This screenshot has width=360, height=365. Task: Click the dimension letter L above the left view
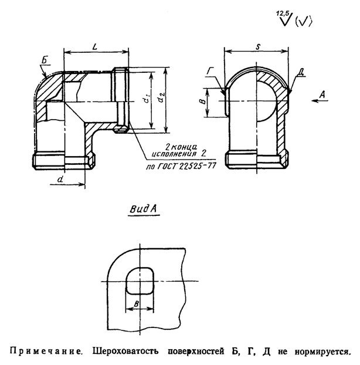pos(94,45)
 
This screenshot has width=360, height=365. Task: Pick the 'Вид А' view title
pos(144,208)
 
